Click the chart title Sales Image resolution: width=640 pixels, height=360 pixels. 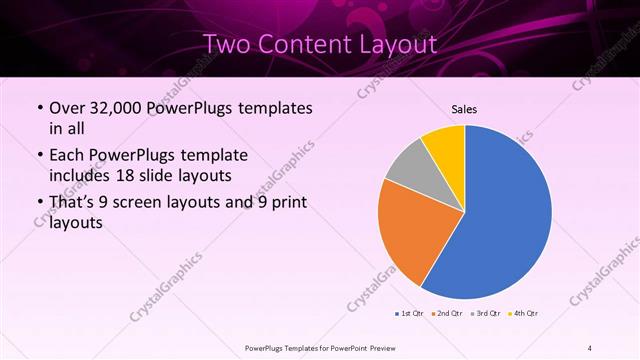click(464, 108)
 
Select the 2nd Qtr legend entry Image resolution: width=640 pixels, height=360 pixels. click(446, 314)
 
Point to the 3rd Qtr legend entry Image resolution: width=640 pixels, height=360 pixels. click(485, 314)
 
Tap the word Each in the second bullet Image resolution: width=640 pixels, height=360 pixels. click(67, 156)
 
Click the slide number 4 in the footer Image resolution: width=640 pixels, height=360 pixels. click(590, 347)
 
